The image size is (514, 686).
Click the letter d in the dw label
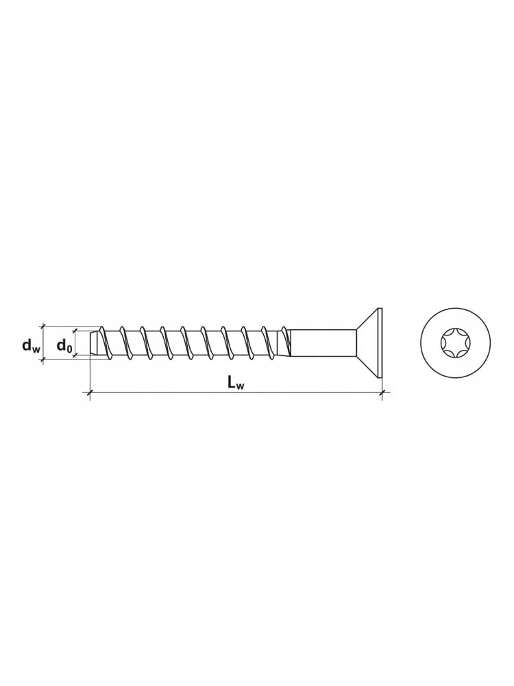[27, 345]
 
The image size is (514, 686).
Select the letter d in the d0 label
[61, 345]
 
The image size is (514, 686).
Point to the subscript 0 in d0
[69, 348]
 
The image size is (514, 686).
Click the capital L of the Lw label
[231, 382]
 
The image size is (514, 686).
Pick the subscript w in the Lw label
[241, 386]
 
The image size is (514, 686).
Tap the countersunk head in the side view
[369, 342]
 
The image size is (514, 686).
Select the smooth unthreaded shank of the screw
[323, 342]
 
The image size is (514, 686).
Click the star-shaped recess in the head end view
[455, 342]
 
